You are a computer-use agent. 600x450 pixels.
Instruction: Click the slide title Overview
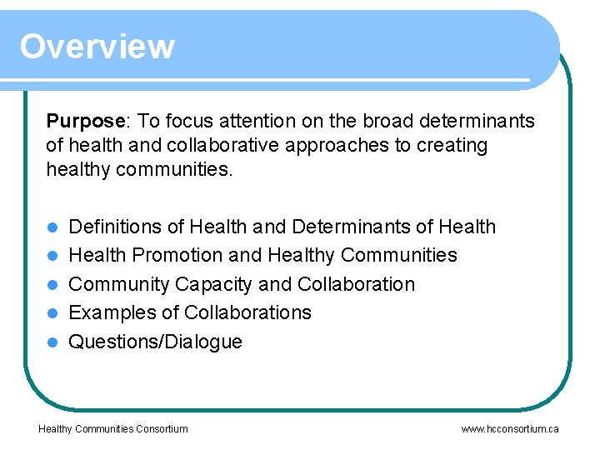coord(97,47)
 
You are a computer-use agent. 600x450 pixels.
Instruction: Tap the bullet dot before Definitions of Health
coord(52,227)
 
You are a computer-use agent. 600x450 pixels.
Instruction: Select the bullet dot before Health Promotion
coord(52,256)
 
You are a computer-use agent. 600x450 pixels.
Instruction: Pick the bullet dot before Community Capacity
coord(52,285)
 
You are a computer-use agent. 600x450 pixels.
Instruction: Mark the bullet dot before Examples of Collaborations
coord(52,313)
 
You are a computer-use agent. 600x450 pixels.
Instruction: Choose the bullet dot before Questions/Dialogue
coord(52,342)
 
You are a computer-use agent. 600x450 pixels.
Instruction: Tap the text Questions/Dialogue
coord(155,342)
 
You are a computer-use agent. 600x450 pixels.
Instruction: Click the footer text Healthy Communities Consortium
coord(113,429)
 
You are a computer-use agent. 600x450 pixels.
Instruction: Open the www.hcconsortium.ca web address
coord(510,429)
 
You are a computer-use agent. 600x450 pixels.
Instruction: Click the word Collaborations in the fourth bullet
coord(247,312)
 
